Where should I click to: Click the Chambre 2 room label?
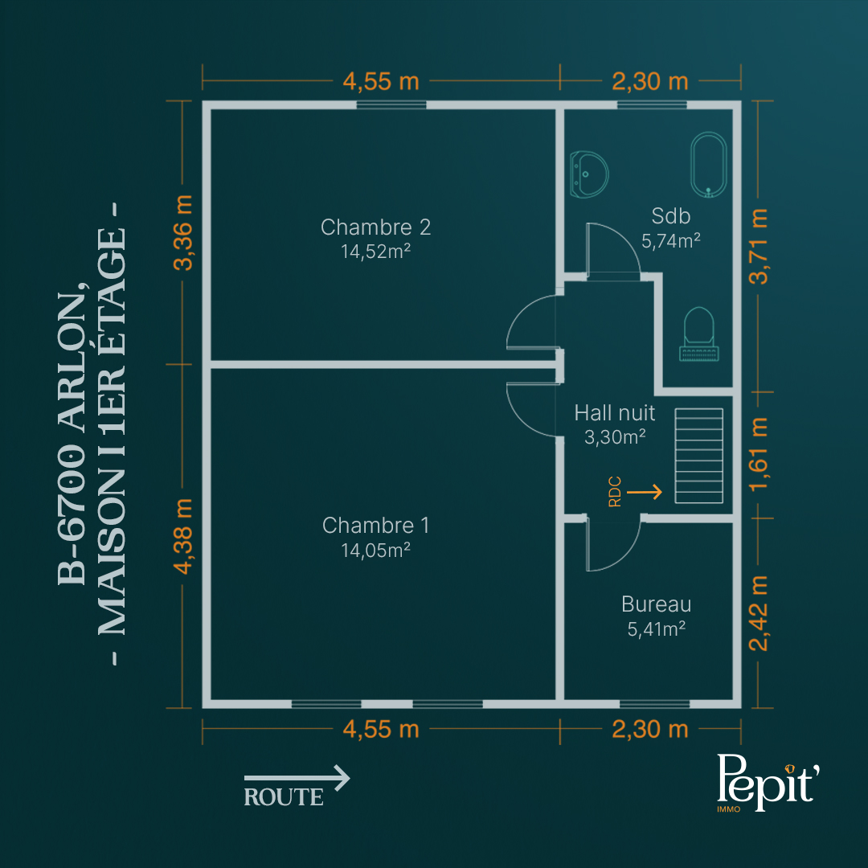click(375, 227)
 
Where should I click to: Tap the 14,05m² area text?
click(375, 550)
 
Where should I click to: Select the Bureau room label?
click(656, 604)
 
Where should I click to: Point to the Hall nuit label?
click(615, 412)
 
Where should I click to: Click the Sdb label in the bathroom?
click(671, 216)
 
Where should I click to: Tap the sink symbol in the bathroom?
click(589, 174)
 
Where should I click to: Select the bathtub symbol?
click(709, 165)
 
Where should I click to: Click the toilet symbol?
click(698, 334)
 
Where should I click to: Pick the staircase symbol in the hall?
click(698, 456)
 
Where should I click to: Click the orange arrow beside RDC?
click(645, 492)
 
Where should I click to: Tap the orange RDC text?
click(615, 492)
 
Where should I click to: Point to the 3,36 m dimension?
click(182, 232)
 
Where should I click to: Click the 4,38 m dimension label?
click(182, 536)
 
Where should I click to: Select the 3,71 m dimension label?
click(759, 247)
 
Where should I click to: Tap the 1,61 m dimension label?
click(759, 454)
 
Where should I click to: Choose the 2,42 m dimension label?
click(759, 612)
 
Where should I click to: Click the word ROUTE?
click(284, 797)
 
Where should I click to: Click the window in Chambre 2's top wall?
click(391, 104)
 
